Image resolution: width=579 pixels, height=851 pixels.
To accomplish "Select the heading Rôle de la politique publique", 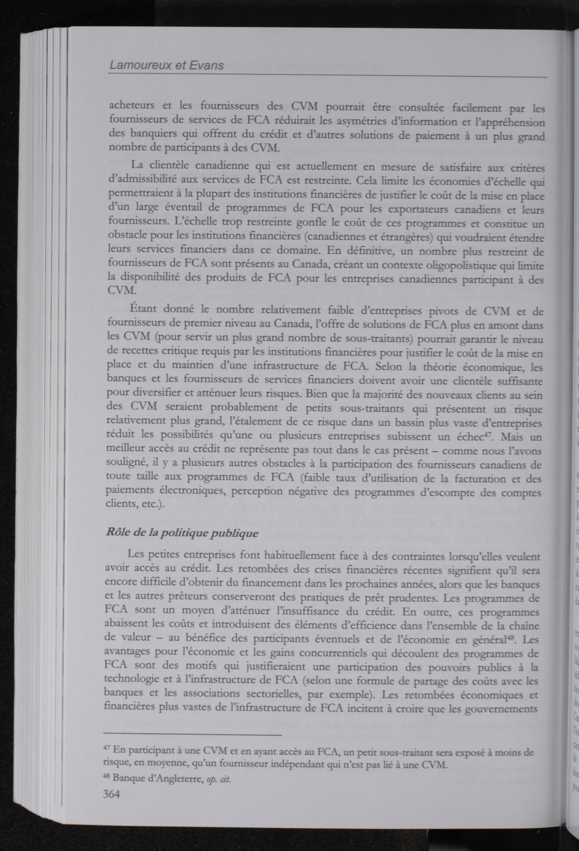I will (x=182, y=533).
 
